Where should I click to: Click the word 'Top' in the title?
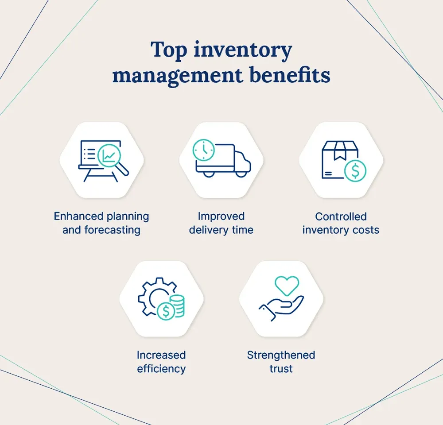click(x=168, y=50)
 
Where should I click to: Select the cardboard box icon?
click(x=337, y=157)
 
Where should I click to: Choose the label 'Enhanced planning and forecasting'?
click(x=101, y=223)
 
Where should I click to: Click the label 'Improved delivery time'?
click(x=221, y=223)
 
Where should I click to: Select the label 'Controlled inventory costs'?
click(x=341, y=223)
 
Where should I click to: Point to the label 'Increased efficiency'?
click(x=161, y=362)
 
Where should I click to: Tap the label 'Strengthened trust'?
click(x=281, y=362)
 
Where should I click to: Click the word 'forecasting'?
click(x=114, y=230)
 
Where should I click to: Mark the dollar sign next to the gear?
click(x=167, y=312)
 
